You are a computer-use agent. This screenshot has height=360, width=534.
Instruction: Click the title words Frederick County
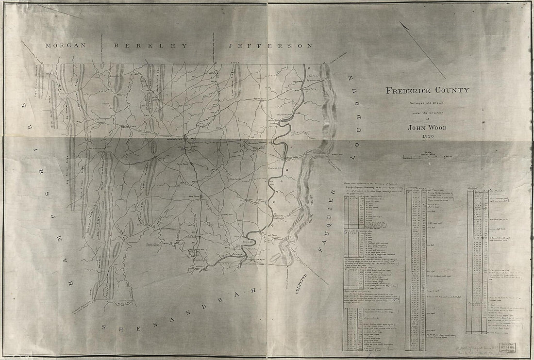click(x=428, y=90)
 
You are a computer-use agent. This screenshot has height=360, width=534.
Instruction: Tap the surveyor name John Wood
click(x=427, y=128)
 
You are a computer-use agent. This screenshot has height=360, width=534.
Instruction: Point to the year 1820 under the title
click(x=427, y=136)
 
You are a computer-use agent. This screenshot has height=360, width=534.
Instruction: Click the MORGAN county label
click(x=65, y=46)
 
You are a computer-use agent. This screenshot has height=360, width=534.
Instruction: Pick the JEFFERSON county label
click(x=270, y=46)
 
